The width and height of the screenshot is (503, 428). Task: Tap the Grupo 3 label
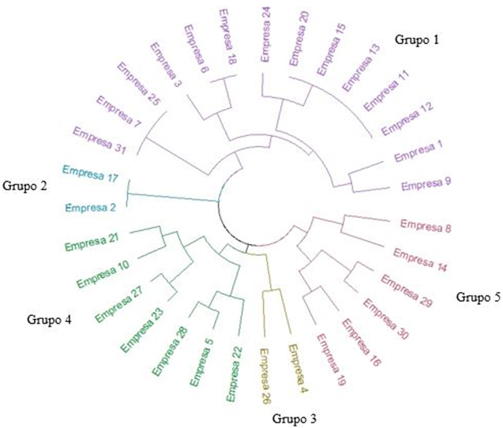296,417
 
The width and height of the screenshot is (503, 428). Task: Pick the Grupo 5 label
479,297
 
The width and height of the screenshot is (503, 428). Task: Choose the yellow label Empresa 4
296,368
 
